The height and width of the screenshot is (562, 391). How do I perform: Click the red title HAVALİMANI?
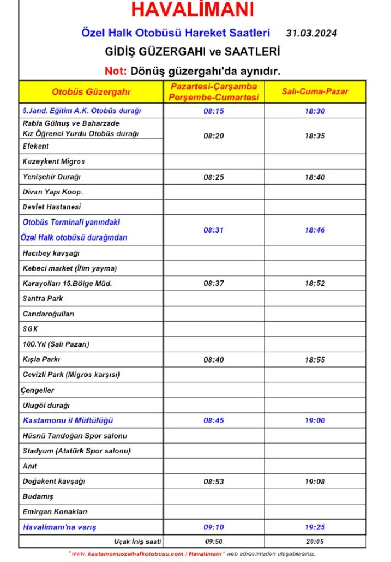[193, 10]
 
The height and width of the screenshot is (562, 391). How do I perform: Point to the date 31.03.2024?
[311, 33]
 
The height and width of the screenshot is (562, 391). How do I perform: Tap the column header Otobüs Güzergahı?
[91, 91]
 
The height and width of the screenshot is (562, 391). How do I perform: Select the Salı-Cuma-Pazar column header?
[315, 91]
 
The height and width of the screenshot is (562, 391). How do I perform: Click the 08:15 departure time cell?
[214, 111]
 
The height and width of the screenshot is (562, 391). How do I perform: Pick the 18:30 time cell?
[315, 111]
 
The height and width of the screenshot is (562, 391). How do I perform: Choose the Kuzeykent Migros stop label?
[53, 161]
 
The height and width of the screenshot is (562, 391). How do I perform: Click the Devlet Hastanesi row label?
[52, 207]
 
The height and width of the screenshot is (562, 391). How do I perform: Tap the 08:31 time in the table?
[214, 230]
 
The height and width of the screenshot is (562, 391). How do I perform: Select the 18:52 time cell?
[315, 283]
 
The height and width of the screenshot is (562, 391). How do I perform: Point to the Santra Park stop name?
[43, 299]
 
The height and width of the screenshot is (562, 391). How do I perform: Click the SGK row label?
[30, 329]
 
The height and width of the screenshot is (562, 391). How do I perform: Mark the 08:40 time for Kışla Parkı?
[214, 360]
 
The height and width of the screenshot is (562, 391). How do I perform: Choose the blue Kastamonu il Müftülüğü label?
[68, 420]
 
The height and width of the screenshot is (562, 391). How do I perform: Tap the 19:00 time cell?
[315, 420]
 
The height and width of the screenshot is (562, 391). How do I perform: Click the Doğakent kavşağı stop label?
[54, 482]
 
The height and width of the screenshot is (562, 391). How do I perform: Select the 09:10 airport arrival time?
[214, 527]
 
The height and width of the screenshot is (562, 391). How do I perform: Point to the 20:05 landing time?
[315, 542]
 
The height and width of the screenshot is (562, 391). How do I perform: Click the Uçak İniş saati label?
[138, 542]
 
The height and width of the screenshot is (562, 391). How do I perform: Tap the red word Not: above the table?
[116, 71]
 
